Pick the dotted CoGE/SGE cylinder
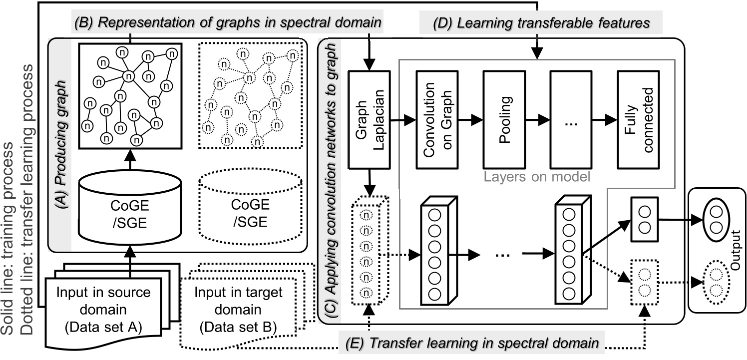pos(250,205)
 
